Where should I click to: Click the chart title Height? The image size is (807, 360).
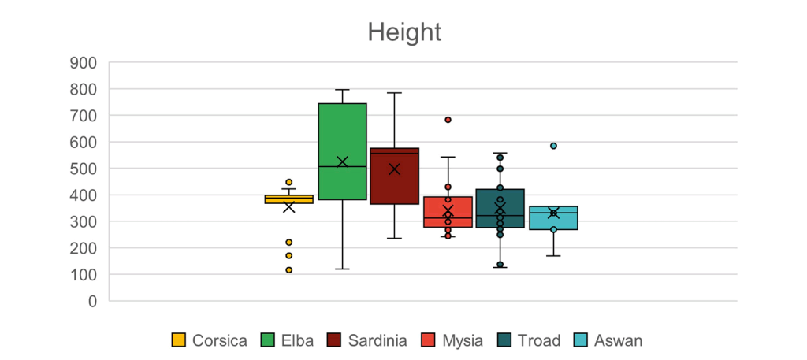click(x=403, y=32)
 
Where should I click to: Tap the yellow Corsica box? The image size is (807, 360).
click(x=289, y=199)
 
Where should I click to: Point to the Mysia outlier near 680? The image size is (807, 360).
click(x=448, y=120)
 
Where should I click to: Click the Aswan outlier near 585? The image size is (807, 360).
click(x=553, y=146)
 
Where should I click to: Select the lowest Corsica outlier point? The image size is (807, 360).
click(x=289, y=270)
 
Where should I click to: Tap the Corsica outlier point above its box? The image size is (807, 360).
click(x=289, y=182)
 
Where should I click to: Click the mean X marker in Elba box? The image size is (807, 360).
click(x=342, y=162)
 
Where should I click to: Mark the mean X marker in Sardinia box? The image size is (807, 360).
click(x=394, y=169)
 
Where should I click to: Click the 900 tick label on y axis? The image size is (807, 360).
click(x=83, y=63)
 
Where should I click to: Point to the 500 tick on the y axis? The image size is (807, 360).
click(x=83, y=169)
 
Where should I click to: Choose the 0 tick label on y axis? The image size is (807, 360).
click(x=91, y=301)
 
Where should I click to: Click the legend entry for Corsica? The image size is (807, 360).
click(x=209, y=340)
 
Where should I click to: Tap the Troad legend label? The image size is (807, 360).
click(x=539, y=340)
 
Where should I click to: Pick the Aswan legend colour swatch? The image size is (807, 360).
click(x=581, y=340)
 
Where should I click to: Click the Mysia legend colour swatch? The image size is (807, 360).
click(x=430, y=340)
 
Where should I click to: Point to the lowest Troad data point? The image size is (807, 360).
click(x=500, y=265)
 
